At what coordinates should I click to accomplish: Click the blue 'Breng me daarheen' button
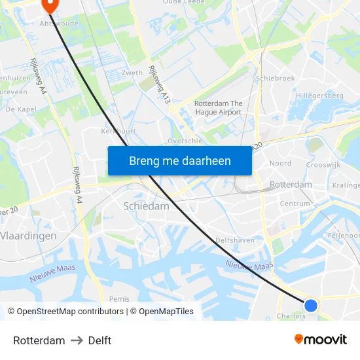point(179,160)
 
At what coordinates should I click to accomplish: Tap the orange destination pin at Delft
point(49,5)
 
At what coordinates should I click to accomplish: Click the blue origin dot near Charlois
point(311,305)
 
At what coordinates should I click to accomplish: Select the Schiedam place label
point(146,206)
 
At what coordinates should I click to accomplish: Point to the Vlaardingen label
point(28,235)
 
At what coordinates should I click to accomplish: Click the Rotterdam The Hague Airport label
point(218,108)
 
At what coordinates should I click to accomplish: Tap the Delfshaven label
point(235,240)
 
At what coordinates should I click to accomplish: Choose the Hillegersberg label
point(319,96)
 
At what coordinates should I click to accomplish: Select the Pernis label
point(119,298)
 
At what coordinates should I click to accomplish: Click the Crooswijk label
point(323,166)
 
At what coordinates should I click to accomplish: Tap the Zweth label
point(132,73)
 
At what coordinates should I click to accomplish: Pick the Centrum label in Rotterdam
point(295,204)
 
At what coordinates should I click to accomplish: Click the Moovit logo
point(321,339)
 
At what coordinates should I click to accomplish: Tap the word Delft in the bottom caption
point(99,340)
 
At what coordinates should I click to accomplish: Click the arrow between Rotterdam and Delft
point(77,340)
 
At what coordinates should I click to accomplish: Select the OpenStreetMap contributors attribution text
point(68,312)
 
